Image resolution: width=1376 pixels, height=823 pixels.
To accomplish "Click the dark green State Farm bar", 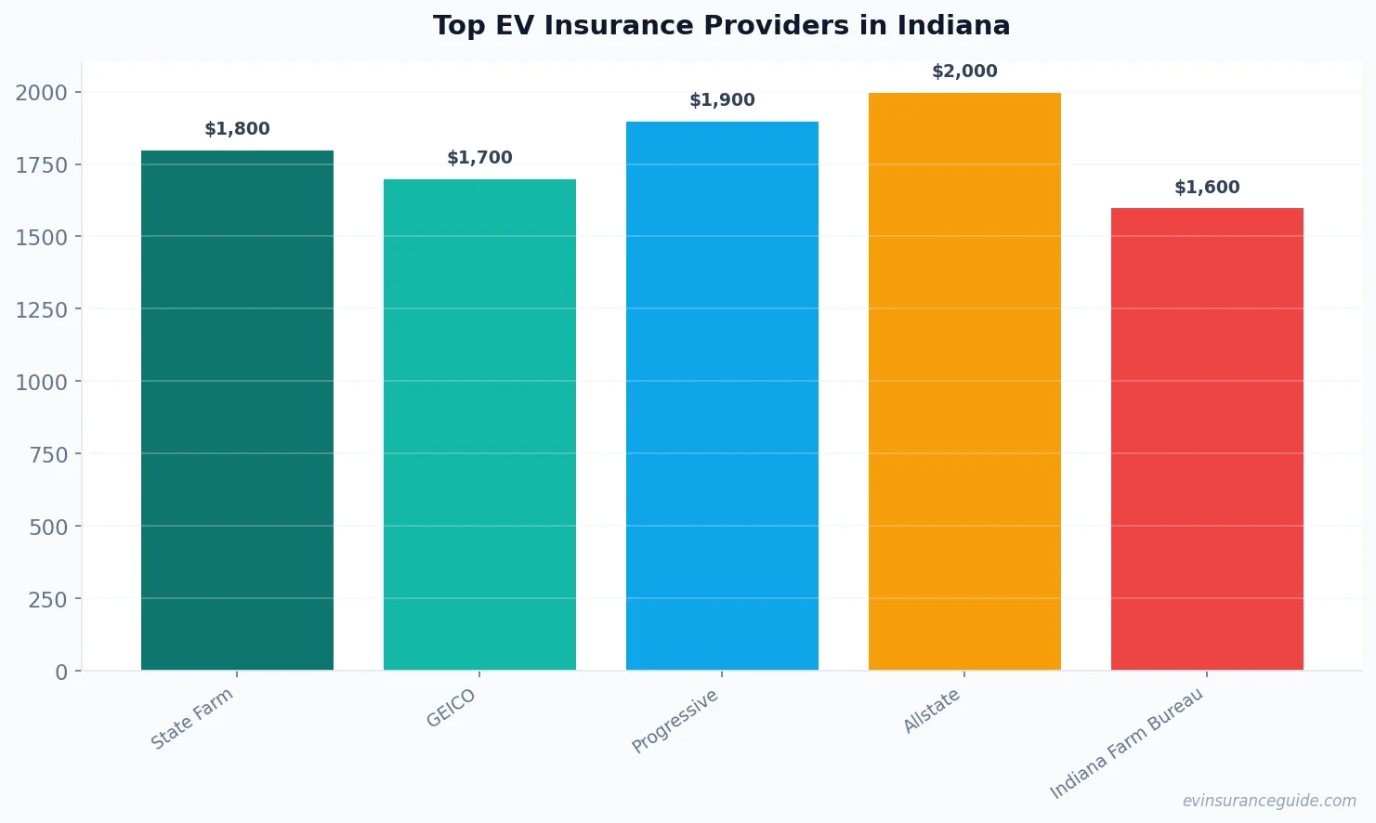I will coord(237,410).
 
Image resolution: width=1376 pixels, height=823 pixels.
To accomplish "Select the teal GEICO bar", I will coord(479,425).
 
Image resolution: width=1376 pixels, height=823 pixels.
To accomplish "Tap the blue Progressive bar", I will coord(722,396).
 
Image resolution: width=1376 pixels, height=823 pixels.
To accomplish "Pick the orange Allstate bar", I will coord(964,381).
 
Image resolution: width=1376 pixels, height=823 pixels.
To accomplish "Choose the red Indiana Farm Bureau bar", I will coord(1207,438).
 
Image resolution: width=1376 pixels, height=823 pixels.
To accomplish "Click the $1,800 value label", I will coord(237,129).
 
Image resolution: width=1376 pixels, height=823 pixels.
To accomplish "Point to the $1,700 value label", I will coord(479,158).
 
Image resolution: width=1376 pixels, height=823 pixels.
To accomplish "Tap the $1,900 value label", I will coord(722,100).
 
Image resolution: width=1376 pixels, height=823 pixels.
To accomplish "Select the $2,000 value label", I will coord(964,72).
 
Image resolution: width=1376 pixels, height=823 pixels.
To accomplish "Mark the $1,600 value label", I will coord(1207,188).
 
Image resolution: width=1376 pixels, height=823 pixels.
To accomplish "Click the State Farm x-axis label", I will coord(192,719).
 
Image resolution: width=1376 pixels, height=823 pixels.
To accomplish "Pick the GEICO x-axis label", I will coord(451,708).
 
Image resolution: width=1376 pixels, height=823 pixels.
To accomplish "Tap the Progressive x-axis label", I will coord(675,721).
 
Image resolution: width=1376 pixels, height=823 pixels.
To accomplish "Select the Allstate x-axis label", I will coord(932,711).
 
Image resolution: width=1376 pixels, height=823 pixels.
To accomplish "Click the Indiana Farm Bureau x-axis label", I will coord(1126,743).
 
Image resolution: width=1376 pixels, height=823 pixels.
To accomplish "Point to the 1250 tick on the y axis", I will coord(42,309).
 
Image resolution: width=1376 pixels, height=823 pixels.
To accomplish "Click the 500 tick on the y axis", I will coord(48,527).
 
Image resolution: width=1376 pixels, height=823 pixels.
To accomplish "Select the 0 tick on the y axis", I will coord(61,672).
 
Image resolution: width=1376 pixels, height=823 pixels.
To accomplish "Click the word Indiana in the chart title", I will coord(952,25).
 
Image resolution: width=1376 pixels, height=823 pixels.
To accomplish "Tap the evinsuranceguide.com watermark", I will coord(1268,801).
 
